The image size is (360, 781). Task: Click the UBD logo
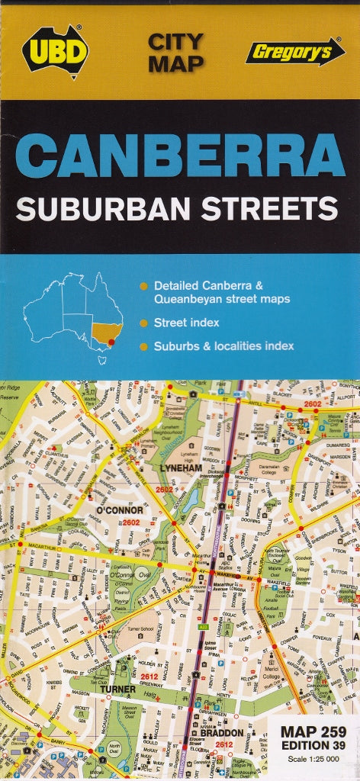[56, 51]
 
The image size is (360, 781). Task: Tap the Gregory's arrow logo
[294, 52]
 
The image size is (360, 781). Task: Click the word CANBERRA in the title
[180, 156]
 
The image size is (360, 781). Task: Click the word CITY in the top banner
[175, 40]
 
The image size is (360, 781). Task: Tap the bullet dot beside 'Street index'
[143, 323]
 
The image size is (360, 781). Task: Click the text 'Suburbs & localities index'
[223, 346]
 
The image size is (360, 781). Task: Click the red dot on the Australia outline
[111, 342]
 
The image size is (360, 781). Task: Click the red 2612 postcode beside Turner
[149, 676]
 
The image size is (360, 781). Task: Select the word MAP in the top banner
[175, 64]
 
